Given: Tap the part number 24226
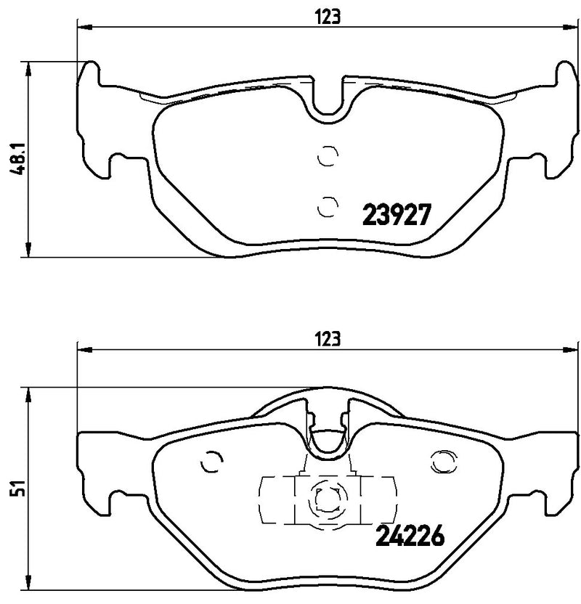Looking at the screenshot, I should pyautogui.click(x=410, y=537).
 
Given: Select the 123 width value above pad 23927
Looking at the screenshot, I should pyautogui.click(x=328, y=17).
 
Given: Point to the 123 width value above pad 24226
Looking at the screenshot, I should pyautogui.click(x=328, y=338).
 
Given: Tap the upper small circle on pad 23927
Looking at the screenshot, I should pyautogui.click(x=328, y=155).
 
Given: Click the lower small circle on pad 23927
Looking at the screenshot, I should pyautogui.click(x=328, y=206).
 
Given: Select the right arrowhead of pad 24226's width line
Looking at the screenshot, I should pyautogui.click(x=573, y=350).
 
